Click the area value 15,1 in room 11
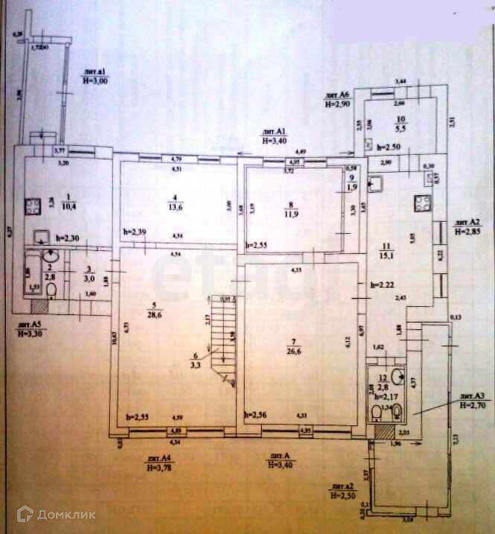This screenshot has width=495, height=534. click(386, 259)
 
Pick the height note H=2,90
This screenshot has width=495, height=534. click(338, 104)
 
